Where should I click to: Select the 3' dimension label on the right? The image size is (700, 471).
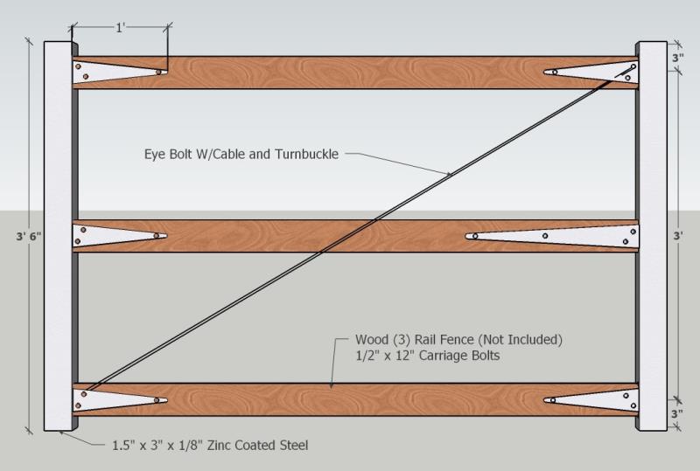(x=679, y=235)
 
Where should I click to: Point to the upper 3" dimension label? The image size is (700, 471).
(x=679, y=58)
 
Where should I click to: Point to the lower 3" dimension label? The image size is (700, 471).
(x=679, y=413)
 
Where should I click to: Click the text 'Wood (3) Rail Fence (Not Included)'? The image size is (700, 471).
(x=458, y=338)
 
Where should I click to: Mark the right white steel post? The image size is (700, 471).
(x=652, y=236)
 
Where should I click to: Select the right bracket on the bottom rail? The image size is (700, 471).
(x=590, y=401)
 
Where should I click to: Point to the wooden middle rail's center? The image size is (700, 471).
(x=354, y=235)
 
